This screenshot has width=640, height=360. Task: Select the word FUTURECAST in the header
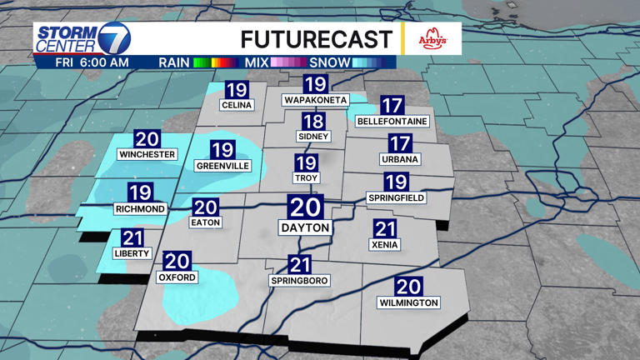tap(316, 39)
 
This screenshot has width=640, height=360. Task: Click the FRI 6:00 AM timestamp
tap(92, 62)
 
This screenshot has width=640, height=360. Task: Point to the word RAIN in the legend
tap(172, 62)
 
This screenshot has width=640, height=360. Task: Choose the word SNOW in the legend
tap(327, 62)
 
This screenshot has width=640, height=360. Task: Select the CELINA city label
tap(237, 106)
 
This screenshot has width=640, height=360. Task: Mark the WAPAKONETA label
tap(315, 100)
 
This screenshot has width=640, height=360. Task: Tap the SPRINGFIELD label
tap(397, 197)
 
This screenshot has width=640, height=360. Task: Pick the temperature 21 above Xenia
tap(385, 229)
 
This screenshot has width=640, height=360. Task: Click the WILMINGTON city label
tap(408, 302)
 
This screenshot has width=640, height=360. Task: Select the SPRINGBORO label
tap(300, 281)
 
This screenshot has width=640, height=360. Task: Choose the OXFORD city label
tap(177, 277)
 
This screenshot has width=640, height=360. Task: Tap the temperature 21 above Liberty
tap(132, 238)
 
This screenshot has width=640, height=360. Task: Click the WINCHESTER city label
tap(147, 155)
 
